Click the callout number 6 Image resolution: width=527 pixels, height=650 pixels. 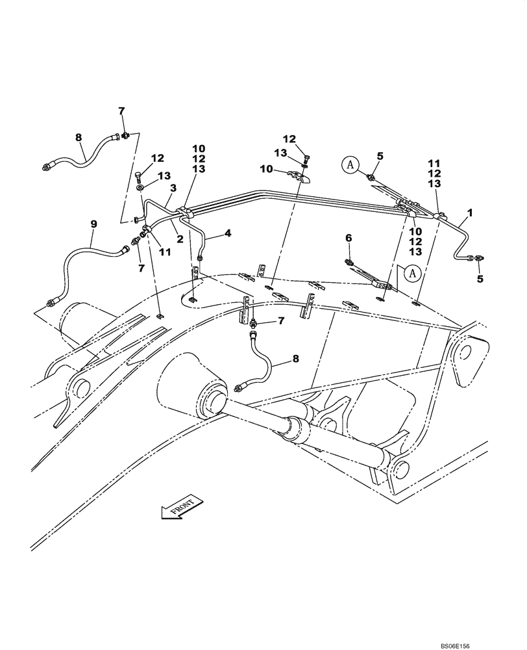[348, 239]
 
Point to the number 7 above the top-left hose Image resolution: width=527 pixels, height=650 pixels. [121, 112]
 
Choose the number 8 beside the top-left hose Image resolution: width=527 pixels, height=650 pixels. [79, 137]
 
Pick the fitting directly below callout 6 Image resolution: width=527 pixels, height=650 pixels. [350, 261]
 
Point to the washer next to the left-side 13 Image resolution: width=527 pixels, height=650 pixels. [140, 187]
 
